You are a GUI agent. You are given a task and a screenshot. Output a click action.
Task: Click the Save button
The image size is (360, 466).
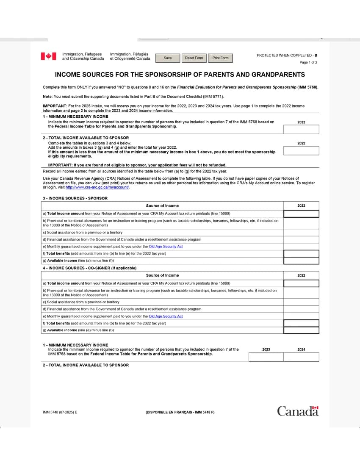pyautogui.click(x=168, y=58)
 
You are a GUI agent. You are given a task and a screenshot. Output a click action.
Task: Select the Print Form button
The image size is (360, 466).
pyautogui.click(x=220, y=58)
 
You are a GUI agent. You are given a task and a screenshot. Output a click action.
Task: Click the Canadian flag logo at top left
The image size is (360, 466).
pyautogui.click(x=48, y=56)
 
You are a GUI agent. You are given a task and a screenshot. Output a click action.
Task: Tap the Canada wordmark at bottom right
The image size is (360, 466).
pyautogui.click(x=298, y=411)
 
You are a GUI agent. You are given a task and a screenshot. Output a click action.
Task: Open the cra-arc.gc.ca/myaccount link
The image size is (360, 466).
pyautogui.click(x=97, y=187)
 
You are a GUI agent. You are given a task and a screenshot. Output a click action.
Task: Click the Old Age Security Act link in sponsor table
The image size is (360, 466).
pyautogui.click(x=166, y=247)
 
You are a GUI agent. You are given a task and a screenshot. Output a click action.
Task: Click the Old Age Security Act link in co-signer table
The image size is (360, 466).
pyautogui.click(x=166, y=316)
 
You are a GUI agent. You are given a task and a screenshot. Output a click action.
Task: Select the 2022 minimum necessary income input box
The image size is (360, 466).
pyautogui.click(x=301, y=130)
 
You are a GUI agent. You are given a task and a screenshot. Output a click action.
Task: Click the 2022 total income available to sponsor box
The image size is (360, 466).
pyautogui.click(x=301, y=151)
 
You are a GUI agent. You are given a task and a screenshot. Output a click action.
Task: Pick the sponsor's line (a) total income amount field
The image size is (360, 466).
pyautogui.click(x=301, y=214)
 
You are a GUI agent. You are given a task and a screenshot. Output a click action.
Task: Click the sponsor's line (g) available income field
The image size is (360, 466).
pyautogui.click(x=301, y=261)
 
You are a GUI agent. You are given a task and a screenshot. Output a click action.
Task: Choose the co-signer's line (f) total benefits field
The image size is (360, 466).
pyautogui.click(x=301, y=323)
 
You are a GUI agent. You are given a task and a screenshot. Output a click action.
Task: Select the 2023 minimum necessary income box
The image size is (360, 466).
pyautogui.click(x=266, y=357)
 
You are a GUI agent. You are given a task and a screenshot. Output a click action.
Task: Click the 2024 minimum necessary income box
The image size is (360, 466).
pyautogui.click(x=301, y=357)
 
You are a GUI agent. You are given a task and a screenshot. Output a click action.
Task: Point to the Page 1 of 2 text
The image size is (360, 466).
pyautogui.click(x=308, y=63)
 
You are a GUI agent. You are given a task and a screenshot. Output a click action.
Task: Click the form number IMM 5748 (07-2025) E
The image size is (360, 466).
pyautogui.click(x=60, y=412)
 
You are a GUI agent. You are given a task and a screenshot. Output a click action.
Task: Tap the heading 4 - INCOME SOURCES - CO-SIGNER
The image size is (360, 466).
pyautogui.click(x=89, y=268)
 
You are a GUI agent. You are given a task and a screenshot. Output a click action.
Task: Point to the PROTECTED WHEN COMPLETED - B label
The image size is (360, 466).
pyautogui.click(x=287, y=55)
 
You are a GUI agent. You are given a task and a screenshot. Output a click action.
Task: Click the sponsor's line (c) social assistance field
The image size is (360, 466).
pyautogui.click(x=301, y=233)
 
